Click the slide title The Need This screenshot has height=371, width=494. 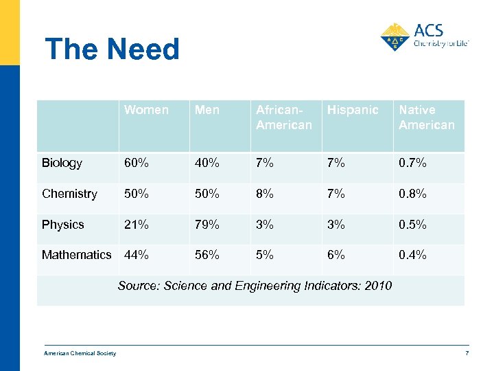(x=112, y=49)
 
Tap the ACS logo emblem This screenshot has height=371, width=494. (x=395, y=37)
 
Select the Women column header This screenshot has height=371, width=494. (x=146, y=110)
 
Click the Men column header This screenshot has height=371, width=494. (x=207, y=110)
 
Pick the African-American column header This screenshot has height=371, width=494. (x=283, y=117)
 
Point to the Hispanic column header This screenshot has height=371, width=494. (x=353, y=110)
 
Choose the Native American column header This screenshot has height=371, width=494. (x=426, y=117)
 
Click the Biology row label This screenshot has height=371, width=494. (x=62, y=163)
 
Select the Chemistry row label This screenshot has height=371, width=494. (x=69, y=194)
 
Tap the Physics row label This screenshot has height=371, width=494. (x=62, y=225)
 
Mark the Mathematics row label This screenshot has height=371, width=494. (x=76, y=255)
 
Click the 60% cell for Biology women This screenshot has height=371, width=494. (x=137, y=163)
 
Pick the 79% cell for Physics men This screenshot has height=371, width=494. (x=207, y=225)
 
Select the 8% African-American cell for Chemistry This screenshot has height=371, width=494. (x=265, y=194)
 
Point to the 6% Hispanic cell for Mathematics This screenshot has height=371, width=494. (x=336, y=255)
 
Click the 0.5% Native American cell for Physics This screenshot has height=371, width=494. (x=412, y=225)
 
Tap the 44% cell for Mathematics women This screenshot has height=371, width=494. (x=137, y=255)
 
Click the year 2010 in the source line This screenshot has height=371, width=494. (x=378, y=285)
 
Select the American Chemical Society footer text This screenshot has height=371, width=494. (x=80, y=354)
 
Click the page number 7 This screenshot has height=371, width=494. (x=467, y=354)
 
